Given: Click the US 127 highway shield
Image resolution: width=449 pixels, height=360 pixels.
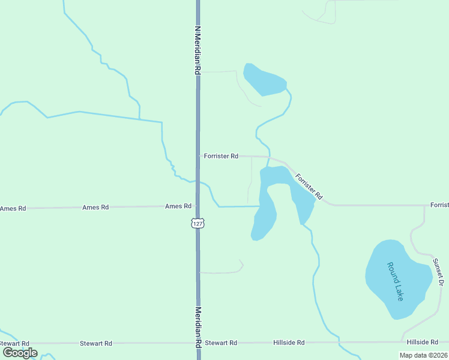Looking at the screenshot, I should pos(198,223).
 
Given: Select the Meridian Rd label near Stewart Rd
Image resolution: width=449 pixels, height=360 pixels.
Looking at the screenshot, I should pos(197,328).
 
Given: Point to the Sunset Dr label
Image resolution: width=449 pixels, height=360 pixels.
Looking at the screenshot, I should pos(440,272).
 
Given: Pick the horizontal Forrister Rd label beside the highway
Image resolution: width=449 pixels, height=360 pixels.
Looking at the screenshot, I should pos(221,156).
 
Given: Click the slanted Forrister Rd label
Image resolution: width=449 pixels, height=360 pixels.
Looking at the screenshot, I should pos(309,187).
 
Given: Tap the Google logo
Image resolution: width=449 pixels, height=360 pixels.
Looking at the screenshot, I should pos(20,353).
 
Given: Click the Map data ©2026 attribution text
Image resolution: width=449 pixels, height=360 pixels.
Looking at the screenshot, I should pos(423,355).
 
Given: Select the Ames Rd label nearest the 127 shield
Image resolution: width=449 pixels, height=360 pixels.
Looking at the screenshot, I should pos(178,206).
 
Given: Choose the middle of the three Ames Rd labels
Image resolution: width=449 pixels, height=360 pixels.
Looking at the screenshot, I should pos(95,208).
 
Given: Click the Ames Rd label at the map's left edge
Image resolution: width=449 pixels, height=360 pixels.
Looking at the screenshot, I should pos(13,209).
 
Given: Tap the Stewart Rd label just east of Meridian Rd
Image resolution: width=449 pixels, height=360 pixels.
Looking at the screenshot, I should pos(221,343).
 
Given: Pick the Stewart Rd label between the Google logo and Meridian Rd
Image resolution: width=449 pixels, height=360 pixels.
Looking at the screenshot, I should pos(96,344).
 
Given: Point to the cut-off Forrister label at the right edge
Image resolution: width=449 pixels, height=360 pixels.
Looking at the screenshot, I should pos(439,205).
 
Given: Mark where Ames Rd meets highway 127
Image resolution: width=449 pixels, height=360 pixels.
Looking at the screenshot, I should pos(197,206).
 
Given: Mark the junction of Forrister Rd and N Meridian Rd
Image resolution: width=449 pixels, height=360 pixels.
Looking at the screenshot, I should pos(197,156).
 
